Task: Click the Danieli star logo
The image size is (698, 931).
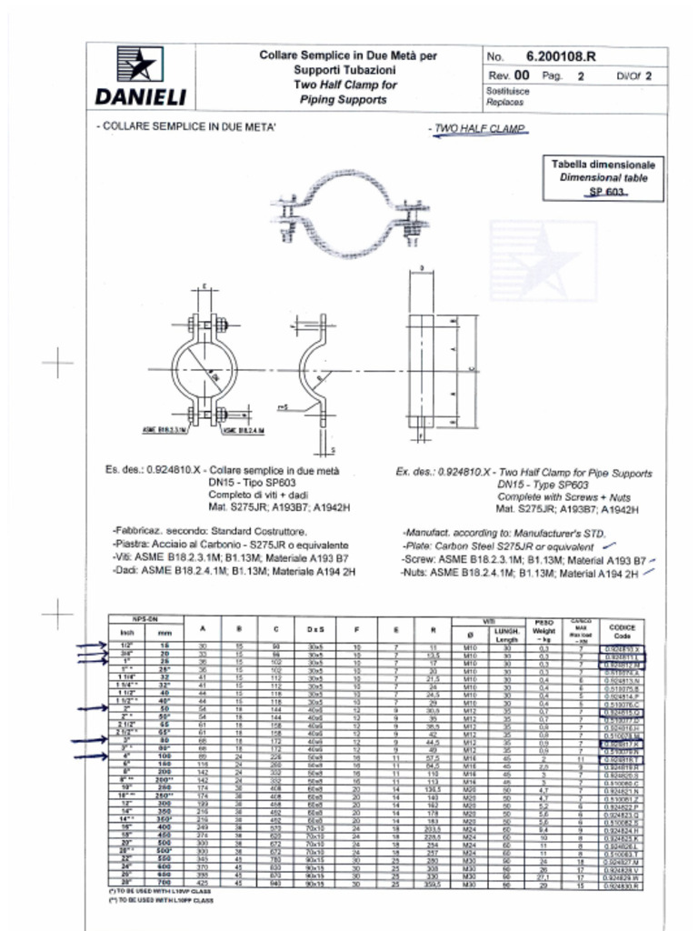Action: [x=140, y=66]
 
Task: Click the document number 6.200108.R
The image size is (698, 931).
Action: [x=560, y=57]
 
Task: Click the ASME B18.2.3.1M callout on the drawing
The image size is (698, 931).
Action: [x=163, y=428]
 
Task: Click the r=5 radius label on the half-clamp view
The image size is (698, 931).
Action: [x=283, y=408]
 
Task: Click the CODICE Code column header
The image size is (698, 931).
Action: [x=622, y=631]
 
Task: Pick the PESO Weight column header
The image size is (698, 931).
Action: [x=543, y=630]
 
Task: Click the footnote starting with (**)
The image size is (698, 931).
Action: [x=161, y=901]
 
